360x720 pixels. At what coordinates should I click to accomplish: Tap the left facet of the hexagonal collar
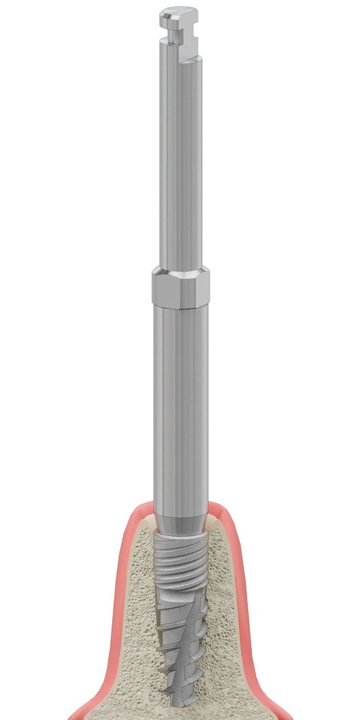tap(157, 289)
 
